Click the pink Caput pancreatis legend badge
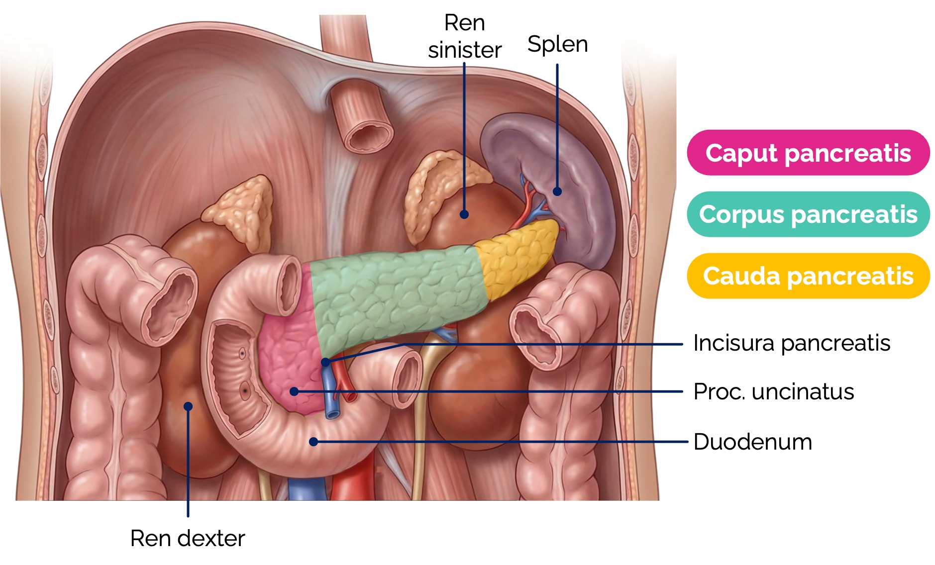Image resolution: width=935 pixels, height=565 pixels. click(808, 153)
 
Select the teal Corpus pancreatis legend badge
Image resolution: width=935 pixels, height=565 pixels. click(808, 214)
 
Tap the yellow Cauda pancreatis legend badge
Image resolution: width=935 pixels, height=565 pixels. click(808, 276)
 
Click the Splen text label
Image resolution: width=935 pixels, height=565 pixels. click(557, 44)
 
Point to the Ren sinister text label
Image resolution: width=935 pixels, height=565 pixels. click(464, 37)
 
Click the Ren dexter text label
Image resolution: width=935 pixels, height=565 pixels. click(188, 538)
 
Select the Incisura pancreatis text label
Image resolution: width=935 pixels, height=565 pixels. click(791, 343)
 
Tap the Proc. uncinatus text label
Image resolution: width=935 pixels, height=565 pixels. click(773, 392)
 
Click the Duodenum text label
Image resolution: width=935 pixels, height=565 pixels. click(752, 442)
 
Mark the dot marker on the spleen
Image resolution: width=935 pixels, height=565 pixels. click(557, 191)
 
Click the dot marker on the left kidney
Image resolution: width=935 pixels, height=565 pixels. click(464, 214)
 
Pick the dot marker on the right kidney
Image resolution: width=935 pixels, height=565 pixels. click(188, 406)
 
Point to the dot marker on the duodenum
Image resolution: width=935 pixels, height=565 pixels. click(313, 442)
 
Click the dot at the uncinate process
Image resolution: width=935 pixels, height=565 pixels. click(294, 392)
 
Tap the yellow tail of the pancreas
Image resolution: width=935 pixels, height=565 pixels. click(518, 259)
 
